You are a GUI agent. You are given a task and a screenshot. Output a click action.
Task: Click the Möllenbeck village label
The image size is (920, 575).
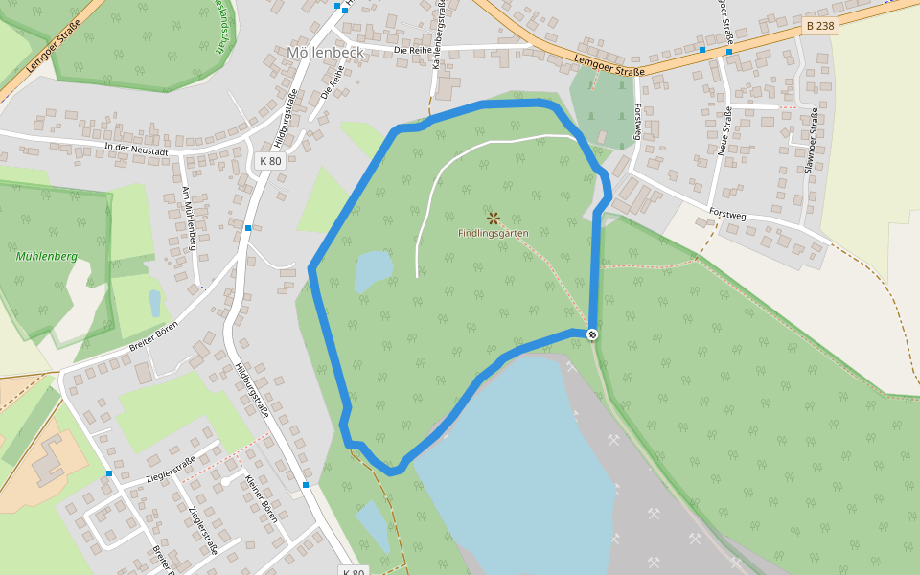pyautogui.click(x=324, y=52)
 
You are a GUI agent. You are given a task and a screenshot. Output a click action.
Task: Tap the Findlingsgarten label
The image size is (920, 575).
pyautogui.click(x=493, y=233)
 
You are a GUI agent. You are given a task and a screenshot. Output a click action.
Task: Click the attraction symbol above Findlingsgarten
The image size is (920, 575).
pyautogui.click(x=494, y=218)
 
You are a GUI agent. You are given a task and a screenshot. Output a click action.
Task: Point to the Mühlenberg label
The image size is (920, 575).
pyautogui.click(x=47, y=257)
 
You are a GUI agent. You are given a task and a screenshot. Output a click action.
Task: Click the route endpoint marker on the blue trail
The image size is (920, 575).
pyautogui.click(x=592, y=333)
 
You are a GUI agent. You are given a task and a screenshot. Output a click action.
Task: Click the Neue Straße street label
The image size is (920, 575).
pyautogui.click(x=725, y=131)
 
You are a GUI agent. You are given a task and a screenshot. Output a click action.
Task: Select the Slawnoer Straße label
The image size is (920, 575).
pyautogui.click(x=811, y=141)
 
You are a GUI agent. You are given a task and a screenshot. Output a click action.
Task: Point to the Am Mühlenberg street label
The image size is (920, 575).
pyautogui.click(x=189, y=218)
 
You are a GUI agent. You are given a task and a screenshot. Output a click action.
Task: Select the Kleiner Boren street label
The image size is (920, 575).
pyautogui.click(x=260, y=498)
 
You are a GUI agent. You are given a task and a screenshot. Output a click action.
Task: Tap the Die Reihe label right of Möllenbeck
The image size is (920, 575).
pyautogui.click(x=414, y=50)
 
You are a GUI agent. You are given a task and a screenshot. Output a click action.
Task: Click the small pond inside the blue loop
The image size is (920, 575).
pyautogui.click(x=373, y=271)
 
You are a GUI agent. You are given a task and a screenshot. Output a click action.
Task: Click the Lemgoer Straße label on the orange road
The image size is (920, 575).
pyautogui.click(x=609, y=66)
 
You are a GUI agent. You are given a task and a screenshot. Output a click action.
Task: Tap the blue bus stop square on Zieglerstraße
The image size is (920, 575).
pyautogui.click(x=110, y=473)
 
